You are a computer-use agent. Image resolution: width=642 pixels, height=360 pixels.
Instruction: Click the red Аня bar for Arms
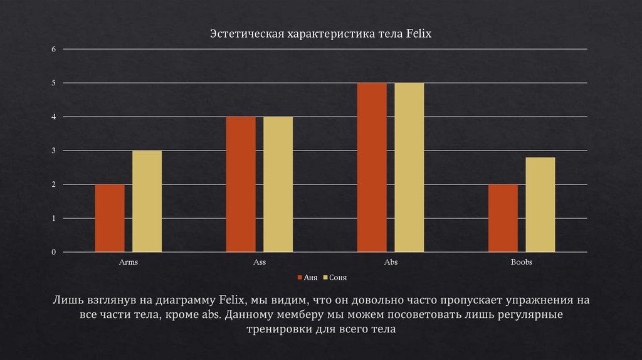pos(110,218)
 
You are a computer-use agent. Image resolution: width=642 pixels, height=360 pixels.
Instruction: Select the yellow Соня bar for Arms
pos(147,201)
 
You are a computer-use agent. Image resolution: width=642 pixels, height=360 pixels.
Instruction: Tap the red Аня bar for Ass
pos(241,184)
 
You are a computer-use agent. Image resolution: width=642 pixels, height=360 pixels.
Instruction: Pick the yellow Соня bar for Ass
pos(278,184)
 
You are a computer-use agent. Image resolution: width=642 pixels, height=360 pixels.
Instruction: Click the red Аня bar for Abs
pos(372,167)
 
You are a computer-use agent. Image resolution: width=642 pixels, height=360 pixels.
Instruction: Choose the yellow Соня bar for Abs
pos(409,167)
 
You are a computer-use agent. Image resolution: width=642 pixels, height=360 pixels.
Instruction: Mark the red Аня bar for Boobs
pos(503,218)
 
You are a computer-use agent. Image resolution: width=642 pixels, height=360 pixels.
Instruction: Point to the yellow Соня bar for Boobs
pos(540,204)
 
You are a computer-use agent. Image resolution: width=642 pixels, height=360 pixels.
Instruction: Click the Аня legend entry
pos(308,277)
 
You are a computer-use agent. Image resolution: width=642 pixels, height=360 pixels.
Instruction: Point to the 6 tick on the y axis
pos(53,49)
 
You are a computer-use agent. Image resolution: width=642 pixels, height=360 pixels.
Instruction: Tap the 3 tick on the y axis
pos(53,151)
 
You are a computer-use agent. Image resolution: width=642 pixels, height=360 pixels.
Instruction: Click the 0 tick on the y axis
pos(53,252)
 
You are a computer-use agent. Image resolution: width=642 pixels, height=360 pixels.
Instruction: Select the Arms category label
pos(129,262)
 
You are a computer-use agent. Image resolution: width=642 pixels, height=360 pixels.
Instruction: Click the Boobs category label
pos(521,262)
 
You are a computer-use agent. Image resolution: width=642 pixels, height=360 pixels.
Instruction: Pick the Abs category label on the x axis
pos(391,262)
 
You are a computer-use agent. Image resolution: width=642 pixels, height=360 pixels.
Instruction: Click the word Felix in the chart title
pos(419,34)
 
